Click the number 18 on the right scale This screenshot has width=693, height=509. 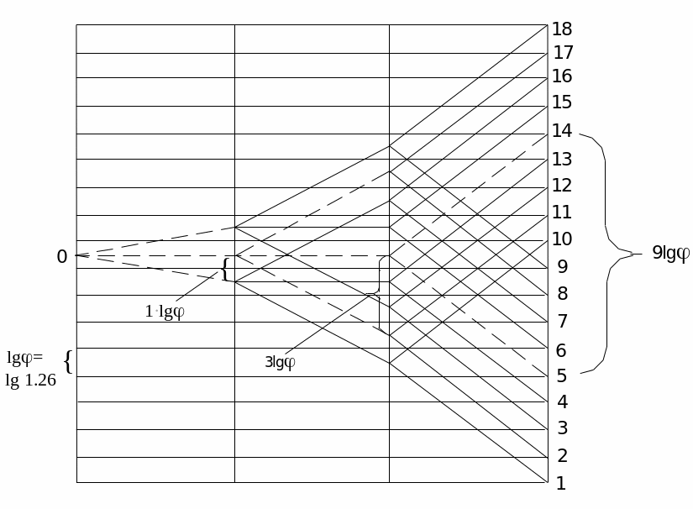pyautogui.click(x=562, y=30)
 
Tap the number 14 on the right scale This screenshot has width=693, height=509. pyautogui.click(x=562, y=131)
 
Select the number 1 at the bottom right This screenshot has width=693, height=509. pyautogui.click(x=561, y=484)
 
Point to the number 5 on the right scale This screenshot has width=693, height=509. pyautogui.click(x=561, y=375)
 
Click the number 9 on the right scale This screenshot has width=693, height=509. pyautogui.click(x=562, y=267)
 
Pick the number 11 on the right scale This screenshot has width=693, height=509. pyautogui.click(x=562, y=213)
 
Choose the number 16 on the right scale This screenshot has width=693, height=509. pyautogui.click(x=562, y=76)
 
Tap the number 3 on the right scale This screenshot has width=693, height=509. pyautogui.click(x=562, y=429)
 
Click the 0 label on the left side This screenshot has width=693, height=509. pyautogui.click(x=61, y=257)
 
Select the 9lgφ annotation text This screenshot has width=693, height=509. pyautogui.click(x=670, y=254)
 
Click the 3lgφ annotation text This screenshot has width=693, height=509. pyautogui.click(x=280, y=363)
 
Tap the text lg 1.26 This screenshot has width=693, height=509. pyautogui.click(x=31, y=380)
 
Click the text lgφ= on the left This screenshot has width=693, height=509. pyautogui.click(x=25, y=359)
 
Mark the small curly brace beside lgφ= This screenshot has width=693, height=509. pyautogui.click(x=68, y=362)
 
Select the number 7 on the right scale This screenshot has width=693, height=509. pyautogui.click(x=562, y=322)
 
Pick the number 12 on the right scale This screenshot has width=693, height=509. pyautogui.click(x=562, y=186)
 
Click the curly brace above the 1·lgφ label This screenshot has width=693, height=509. pyautogui.click(x=224, y=270)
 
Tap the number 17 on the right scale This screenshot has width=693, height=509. pyautogui.click(x=562, y=53)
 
